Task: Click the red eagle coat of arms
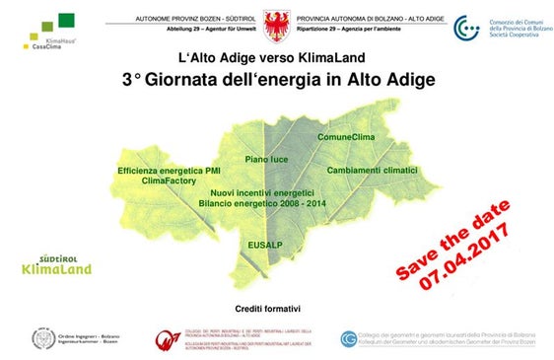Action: point(276,22)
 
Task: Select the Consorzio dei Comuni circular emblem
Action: point(466,29)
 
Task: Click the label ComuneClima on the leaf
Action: point(345,137)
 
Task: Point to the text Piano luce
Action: point(266,158)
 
